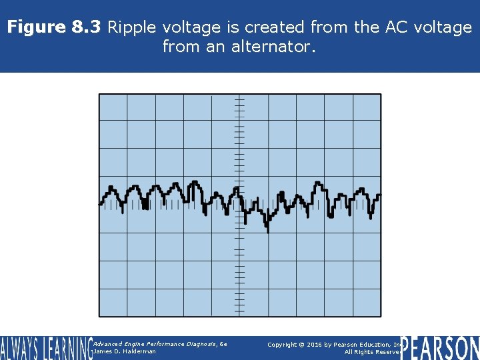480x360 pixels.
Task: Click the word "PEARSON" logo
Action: point(441,347)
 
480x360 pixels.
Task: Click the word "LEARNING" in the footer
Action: point(69,347)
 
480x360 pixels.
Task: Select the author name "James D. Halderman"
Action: point(125,351)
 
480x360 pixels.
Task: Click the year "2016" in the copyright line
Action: point(316,344)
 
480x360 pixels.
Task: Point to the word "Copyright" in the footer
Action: point(283,344)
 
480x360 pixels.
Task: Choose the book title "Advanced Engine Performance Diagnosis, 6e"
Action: point(160,343)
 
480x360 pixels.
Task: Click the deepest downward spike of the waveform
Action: point(268,231)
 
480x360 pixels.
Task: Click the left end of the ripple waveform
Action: point(101,203)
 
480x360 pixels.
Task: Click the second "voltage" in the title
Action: point(439,27)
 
